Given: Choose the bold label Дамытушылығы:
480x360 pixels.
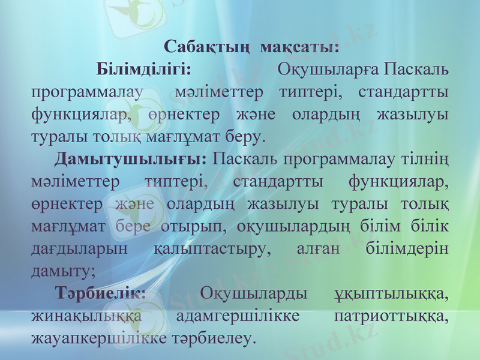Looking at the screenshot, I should pyautogui.click(x=131, y=159).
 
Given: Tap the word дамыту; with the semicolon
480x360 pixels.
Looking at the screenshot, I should pyautogui.click(x=63, y=271).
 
